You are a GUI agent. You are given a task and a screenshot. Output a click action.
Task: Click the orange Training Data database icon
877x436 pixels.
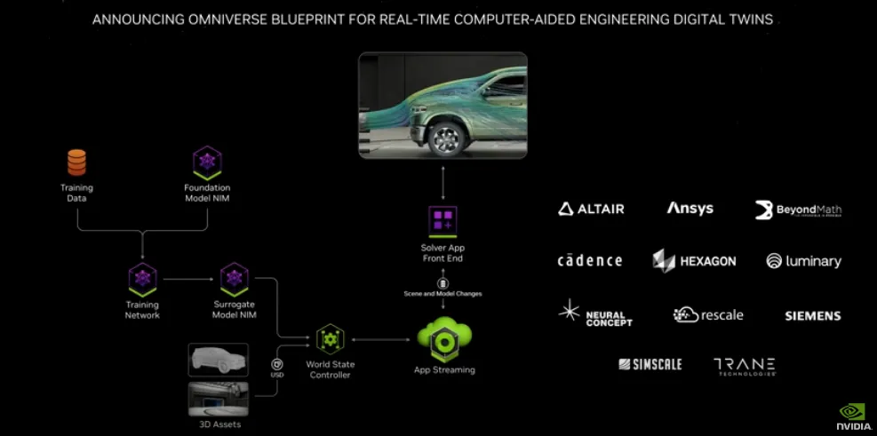pyautogui.click(x=77, y=163)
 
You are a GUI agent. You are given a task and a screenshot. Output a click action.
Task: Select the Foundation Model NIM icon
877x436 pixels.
pyautogui.click(x=207, y=163)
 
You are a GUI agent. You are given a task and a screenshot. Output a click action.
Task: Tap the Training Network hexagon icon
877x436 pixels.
pyautogui.click(x=142, y=279)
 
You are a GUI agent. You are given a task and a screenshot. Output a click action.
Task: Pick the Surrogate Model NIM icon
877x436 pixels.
pyautogui.click(x=234, y=279)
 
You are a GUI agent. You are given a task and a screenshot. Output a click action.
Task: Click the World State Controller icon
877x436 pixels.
pyautogui.click(x=330, y=339)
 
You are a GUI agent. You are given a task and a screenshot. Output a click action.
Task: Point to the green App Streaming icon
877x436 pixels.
pyautogui.click(x=444, y=338)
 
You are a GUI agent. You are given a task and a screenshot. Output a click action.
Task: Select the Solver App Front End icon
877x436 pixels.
pyautogui.click(x=442, y=220)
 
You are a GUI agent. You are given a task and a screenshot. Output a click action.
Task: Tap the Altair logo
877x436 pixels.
pyautogui.click(x=592, y=209)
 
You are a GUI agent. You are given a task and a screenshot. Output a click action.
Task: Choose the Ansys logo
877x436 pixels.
pyautogui.click(x=690, y=209)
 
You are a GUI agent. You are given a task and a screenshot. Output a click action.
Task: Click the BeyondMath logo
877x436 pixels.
pyautogui.click(x=798, y=210)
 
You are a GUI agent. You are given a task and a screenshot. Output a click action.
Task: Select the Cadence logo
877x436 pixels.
pyautogui.click(x=590, y=260)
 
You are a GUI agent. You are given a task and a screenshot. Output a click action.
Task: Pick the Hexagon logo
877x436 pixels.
pyautogui.click(x=694, y=261)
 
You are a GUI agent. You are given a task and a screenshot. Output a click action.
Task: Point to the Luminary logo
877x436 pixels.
pyautogui.click(x=803, y=261)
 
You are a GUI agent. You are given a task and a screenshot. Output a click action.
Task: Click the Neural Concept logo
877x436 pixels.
pyautogui.click(x=595, y=314)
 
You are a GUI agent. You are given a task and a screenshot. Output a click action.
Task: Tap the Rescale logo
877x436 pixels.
pyautogui.click(x=708, y=314)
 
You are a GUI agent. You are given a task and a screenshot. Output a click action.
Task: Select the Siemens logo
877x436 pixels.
pyautogui.click(x=812, y=315)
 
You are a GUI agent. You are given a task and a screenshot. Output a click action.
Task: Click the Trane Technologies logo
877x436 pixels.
pyautogui.click(x=745, y=366)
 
